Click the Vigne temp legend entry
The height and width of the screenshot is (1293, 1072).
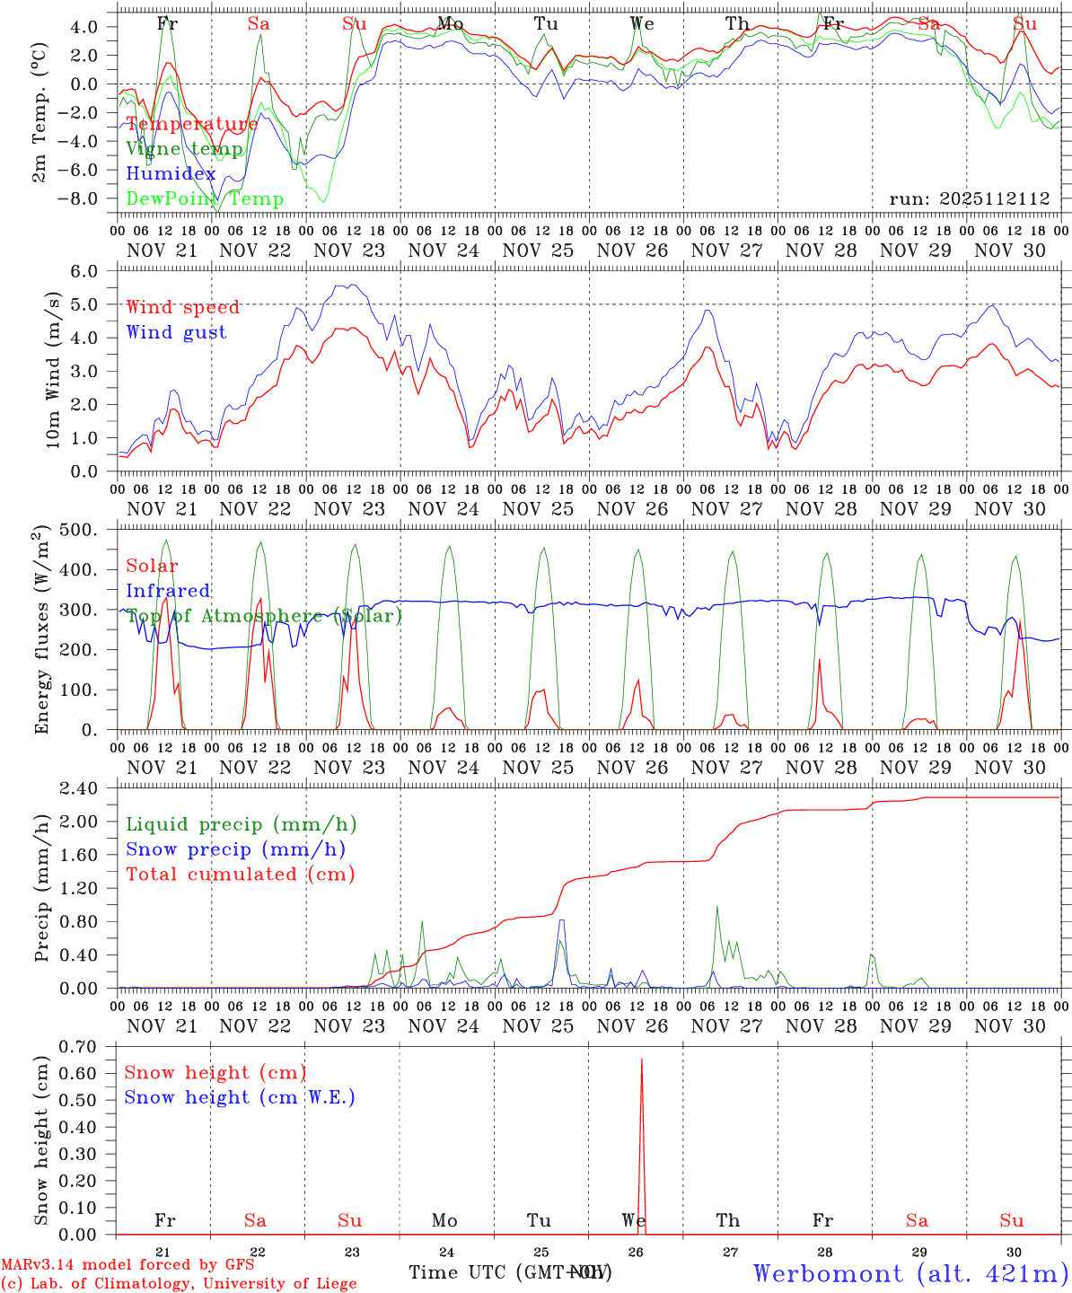pyautogui.click(x=184, y=149)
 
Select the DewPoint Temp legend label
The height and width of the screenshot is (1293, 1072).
pyautogui.click(x=205, y=199)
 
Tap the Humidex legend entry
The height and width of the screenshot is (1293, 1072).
pyautogui.click(x=171, y=174)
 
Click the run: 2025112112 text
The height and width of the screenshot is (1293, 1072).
pyautogui.click(x=969, y=199)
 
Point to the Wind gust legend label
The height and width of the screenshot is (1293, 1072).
pyautogui.click(x=176, y=332)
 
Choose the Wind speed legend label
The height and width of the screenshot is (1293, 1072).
pyautogui.click(x=183, y=307)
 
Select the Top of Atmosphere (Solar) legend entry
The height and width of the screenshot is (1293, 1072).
pyautogui.click(x=264, y=616)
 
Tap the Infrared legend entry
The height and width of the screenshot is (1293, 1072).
pyautogui.click(x=168, y=591)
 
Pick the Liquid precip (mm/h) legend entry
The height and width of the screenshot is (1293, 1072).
pyautogui.click(x=241, y=824)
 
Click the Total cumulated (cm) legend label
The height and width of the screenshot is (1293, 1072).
pyautogui.click(x=240, y=875)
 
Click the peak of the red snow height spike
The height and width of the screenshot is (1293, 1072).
pyautogui.click(x=641, y=1060)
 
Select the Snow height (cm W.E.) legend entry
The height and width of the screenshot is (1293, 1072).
pyautogui.click(x=240, y=1097)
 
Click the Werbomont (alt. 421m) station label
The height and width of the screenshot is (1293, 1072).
pyautogui.click(x=909, y=1274)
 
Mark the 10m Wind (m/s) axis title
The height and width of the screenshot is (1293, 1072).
pyautogui.click(x=53, y=370)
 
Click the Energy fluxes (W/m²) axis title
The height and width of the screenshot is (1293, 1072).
pyautogui.click(x=41, y=631)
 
